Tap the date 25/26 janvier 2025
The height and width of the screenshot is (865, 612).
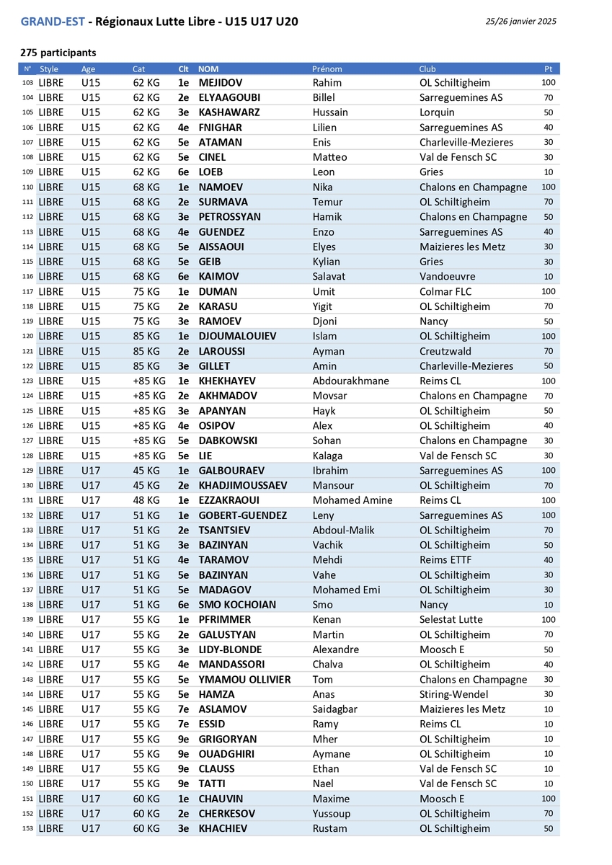point(521,22)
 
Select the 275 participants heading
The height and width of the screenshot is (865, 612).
point(58,53)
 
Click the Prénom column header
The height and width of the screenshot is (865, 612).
point(327,69)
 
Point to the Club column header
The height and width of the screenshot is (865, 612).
point(427,69)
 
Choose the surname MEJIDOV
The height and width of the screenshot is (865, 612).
point(220,83)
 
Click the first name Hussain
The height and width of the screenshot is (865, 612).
point(330,112)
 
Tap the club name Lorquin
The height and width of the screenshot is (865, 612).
point(437,112)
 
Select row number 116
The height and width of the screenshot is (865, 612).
point(28,277)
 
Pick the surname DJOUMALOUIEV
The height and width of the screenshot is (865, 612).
point(237,337)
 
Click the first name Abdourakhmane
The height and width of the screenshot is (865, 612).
point(350,381)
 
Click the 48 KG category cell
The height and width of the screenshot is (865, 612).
point(146,501)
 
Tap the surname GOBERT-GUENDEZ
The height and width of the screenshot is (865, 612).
point(242,516)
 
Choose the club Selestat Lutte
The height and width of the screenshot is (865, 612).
point(451,620)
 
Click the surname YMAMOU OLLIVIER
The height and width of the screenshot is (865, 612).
point(244,680)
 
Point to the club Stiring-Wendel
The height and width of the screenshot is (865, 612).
point(453,695)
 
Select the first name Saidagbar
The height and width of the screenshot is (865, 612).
point(335,710)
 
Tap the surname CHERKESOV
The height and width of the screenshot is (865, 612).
point(226,814)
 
